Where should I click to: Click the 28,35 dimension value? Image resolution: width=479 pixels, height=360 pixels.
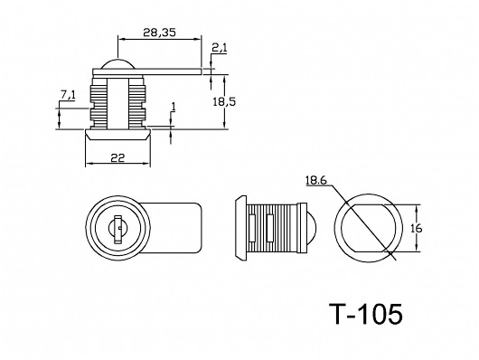pos(160,33)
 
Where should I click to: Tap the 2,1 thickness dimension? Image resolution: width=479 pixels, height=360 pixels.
pos(220,48)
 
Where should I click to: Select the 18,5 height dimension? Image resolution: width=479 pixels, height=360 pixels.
pos(224,101)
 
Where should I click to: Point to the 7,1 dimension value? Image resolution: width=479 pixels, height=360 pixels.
pos(68,96)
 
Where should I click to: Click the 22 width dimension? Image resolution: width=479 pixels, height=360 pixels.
pos(117,157)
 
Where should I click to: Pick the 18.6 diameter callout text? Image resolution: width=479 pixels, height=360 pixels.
pos(316,181)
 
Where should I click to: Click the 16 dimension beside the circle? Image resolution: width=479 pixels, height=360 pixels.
pos(416,228)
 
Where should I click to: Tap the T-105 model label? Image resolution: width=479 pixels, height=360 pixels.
pos(366,314)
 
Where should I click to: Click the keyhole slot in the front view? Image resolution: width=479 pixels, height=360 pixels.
pos(117,230)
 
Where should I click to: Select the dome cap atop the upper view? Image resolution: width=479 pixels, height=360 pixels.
pos(117,63)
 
